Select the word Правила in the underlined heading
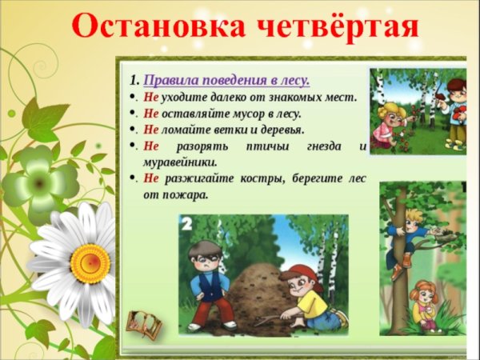pos(171,81)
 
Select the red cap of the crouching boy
pos(302,274)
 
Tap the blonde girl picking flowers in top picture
pos(393,120)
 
